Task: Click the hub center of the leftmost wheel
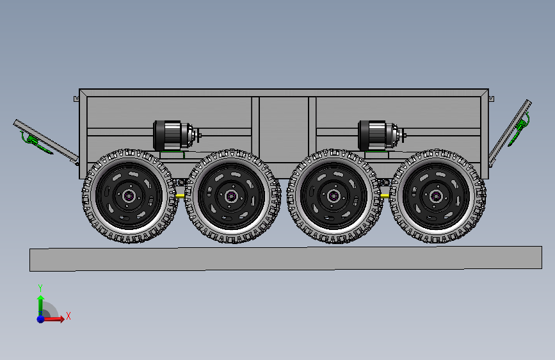129,195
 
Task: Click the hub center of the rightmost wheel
436,195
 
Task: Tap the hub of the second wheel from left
232,195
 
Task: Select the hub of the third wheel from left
334,195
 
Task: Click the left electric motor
176,135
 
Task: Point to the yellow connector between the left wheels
180,195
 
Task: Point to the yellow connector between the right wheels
385,195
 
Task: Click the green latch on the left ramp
35,142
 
